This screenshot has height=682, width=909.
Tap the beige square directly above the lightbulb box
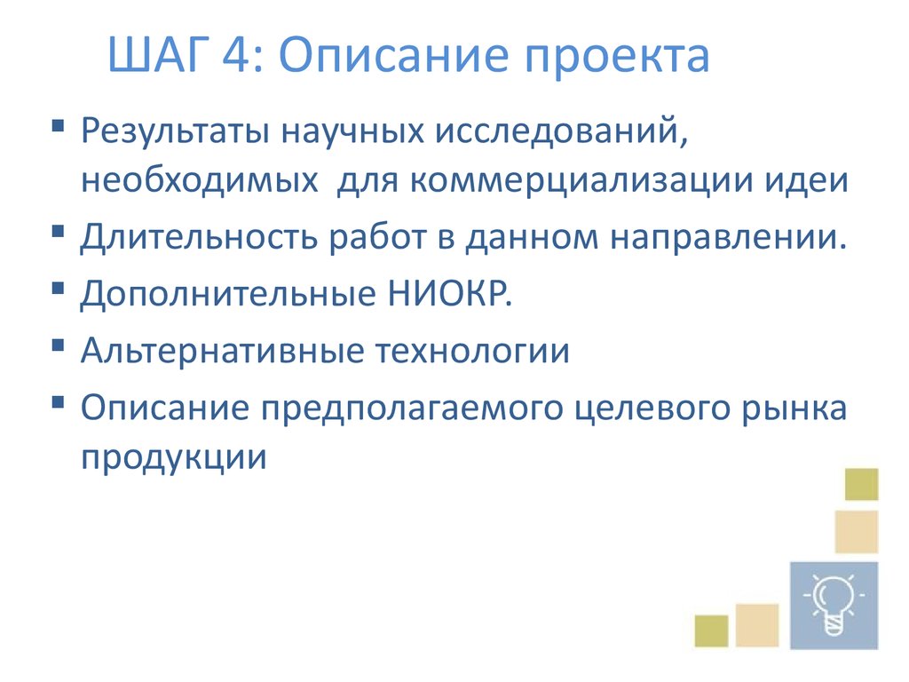856,532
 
